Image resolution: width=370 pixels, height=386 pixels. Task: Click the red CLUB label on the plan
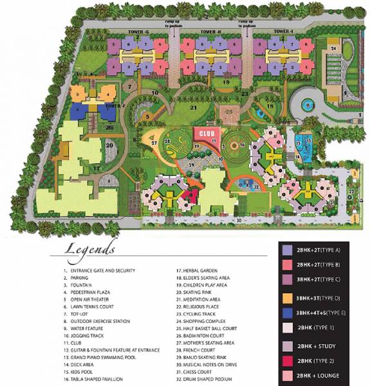pos(205,134)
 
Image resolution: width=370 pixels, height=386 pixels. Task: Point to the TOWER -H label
pos(210,32)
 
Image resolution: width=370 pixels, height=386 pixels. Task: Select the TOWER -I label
pos(283,32)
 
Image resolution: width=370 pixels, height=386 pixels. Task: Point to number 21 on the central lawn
pos(193,108)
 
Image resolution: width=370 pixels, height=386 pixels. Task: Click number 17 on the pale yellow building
pos(96,169)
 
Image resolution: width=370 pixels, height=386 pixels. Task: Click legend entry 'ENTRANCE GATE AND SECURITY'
pos(102,270)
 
